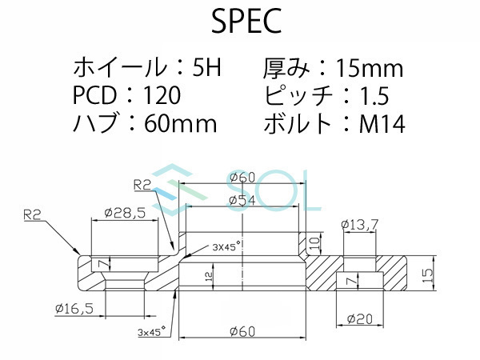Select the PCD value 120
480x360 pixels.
(x=162, y=96)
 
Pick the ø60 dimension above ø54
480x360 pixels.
(x=242, y=177)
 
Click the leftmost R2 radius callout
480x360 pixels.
(x=33, y=214)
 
